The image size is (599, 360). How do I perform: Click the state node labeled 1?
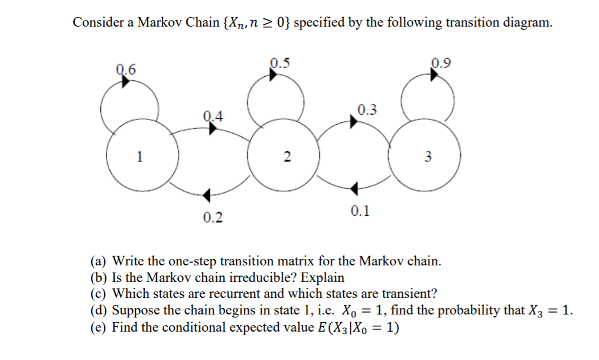[x=139, y=156]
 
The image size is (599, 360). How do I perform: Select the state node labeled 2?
[x=286, y=157]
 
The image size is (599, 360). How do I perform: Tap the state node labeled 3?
[x=428, y=157]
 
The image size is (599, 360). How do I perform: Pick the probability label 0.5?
[x=280, y=62]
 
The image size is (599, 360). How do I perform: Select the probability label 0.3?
[x=367, y=109]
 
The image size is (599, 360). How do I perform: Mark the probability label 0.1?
[x=360, y=211]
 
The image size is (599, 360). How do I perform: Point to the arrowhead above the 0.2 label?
[x=207, y=195]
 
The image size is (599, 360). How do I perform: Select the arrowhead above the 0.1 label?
[x=353, y=188]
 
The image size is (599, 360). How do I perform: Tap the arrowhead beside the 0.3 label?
[x=353, y=121]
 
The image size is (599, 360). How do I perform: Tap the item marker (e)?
[x=99, y=327]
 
